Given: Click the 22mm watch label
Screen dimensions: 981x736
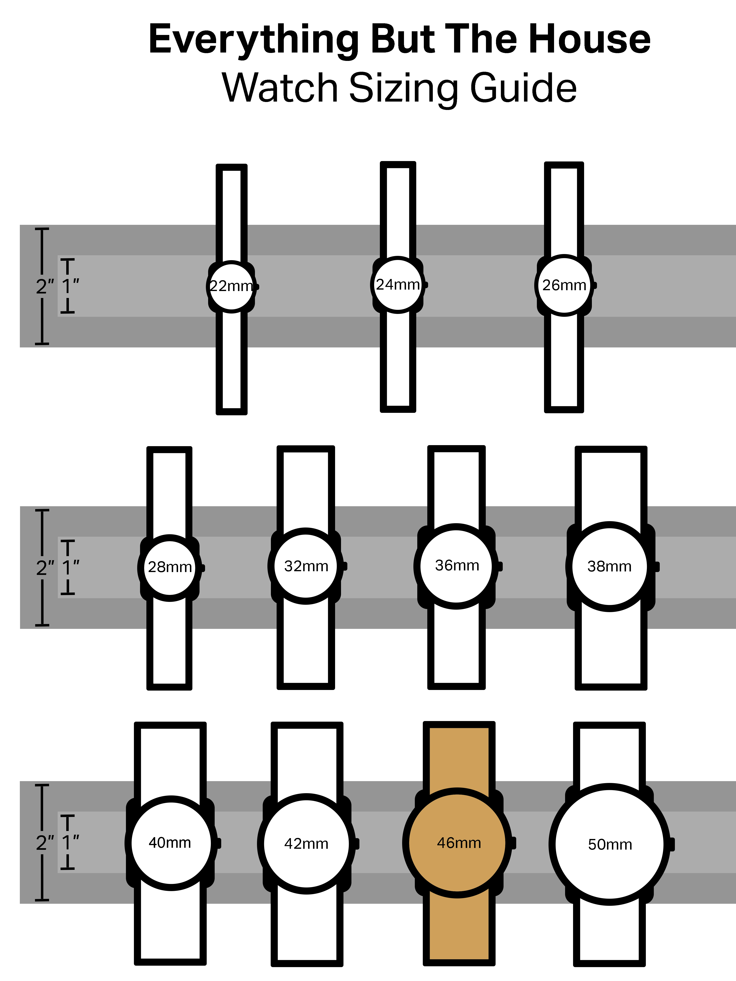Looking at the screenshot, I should [231, 286].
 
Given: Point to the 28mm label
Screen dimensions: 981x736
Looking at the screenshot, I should [170, 567].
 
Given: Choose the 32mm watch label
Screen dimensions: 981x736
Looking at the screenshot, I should [306, 566].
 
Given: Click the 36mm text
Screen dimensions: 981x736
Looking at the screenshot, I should [457, 566].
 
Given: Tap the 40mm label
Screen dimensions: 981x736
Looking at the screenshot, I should [170, 843].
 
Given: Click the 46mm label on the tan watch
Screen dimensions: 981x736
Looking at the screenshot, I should [459, 843].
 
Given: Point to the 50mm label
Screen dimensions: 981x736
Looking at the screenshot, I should [610, 844].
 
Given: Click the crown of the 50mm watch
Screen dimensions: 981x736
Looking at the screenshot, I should [672, 844].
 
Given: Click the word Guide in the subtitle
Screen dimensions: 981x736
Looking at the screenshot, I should [524, 88].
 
